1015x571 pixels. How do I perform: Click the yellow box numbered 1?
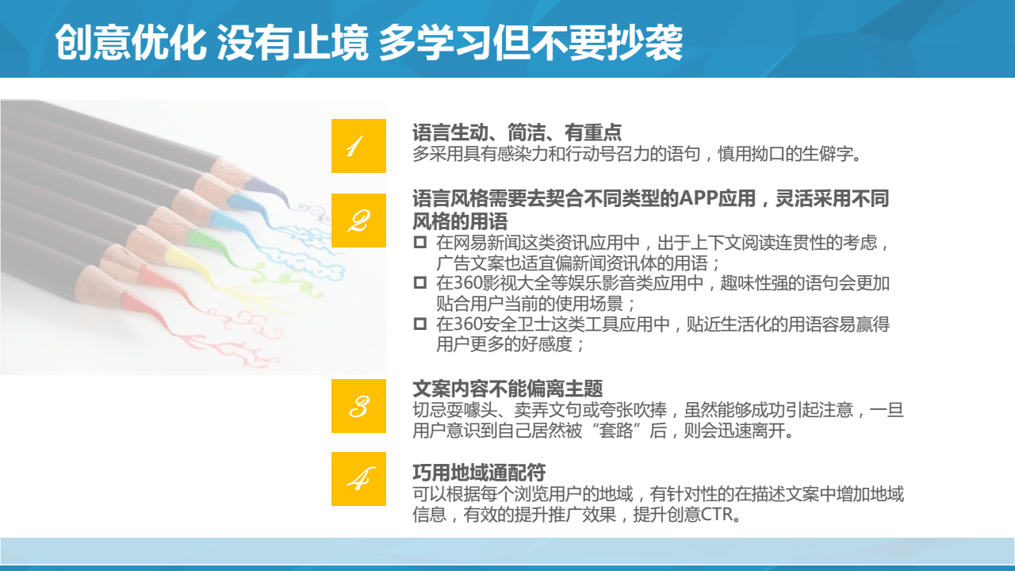(x=358, y=146)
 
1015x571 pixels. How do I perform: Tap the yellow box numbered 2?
(x=358, y=220)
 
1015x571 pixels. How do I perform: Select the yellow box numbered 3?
(x=358, y=406)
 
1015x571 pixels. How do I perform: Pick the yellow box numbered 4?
(x=358, y=479)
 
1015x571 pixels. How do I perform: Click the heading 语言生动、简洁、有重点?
(x=516, y=132)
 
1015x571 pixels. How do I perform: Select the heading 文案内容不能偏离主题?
(x=507, y=389)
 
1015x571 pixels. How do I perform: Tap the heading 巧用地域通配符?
(x=479, y=473)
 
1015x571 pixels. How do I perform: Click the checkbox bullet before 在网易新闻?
(x=420, y=243)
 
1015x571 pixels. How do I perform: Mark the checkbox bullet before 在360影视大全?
(x=420, y=283)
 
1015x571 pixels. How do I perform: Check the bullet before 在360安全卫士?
(x=420, y=324)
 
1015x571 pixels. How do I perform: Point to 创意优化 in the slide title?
(x=131, y=42)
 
